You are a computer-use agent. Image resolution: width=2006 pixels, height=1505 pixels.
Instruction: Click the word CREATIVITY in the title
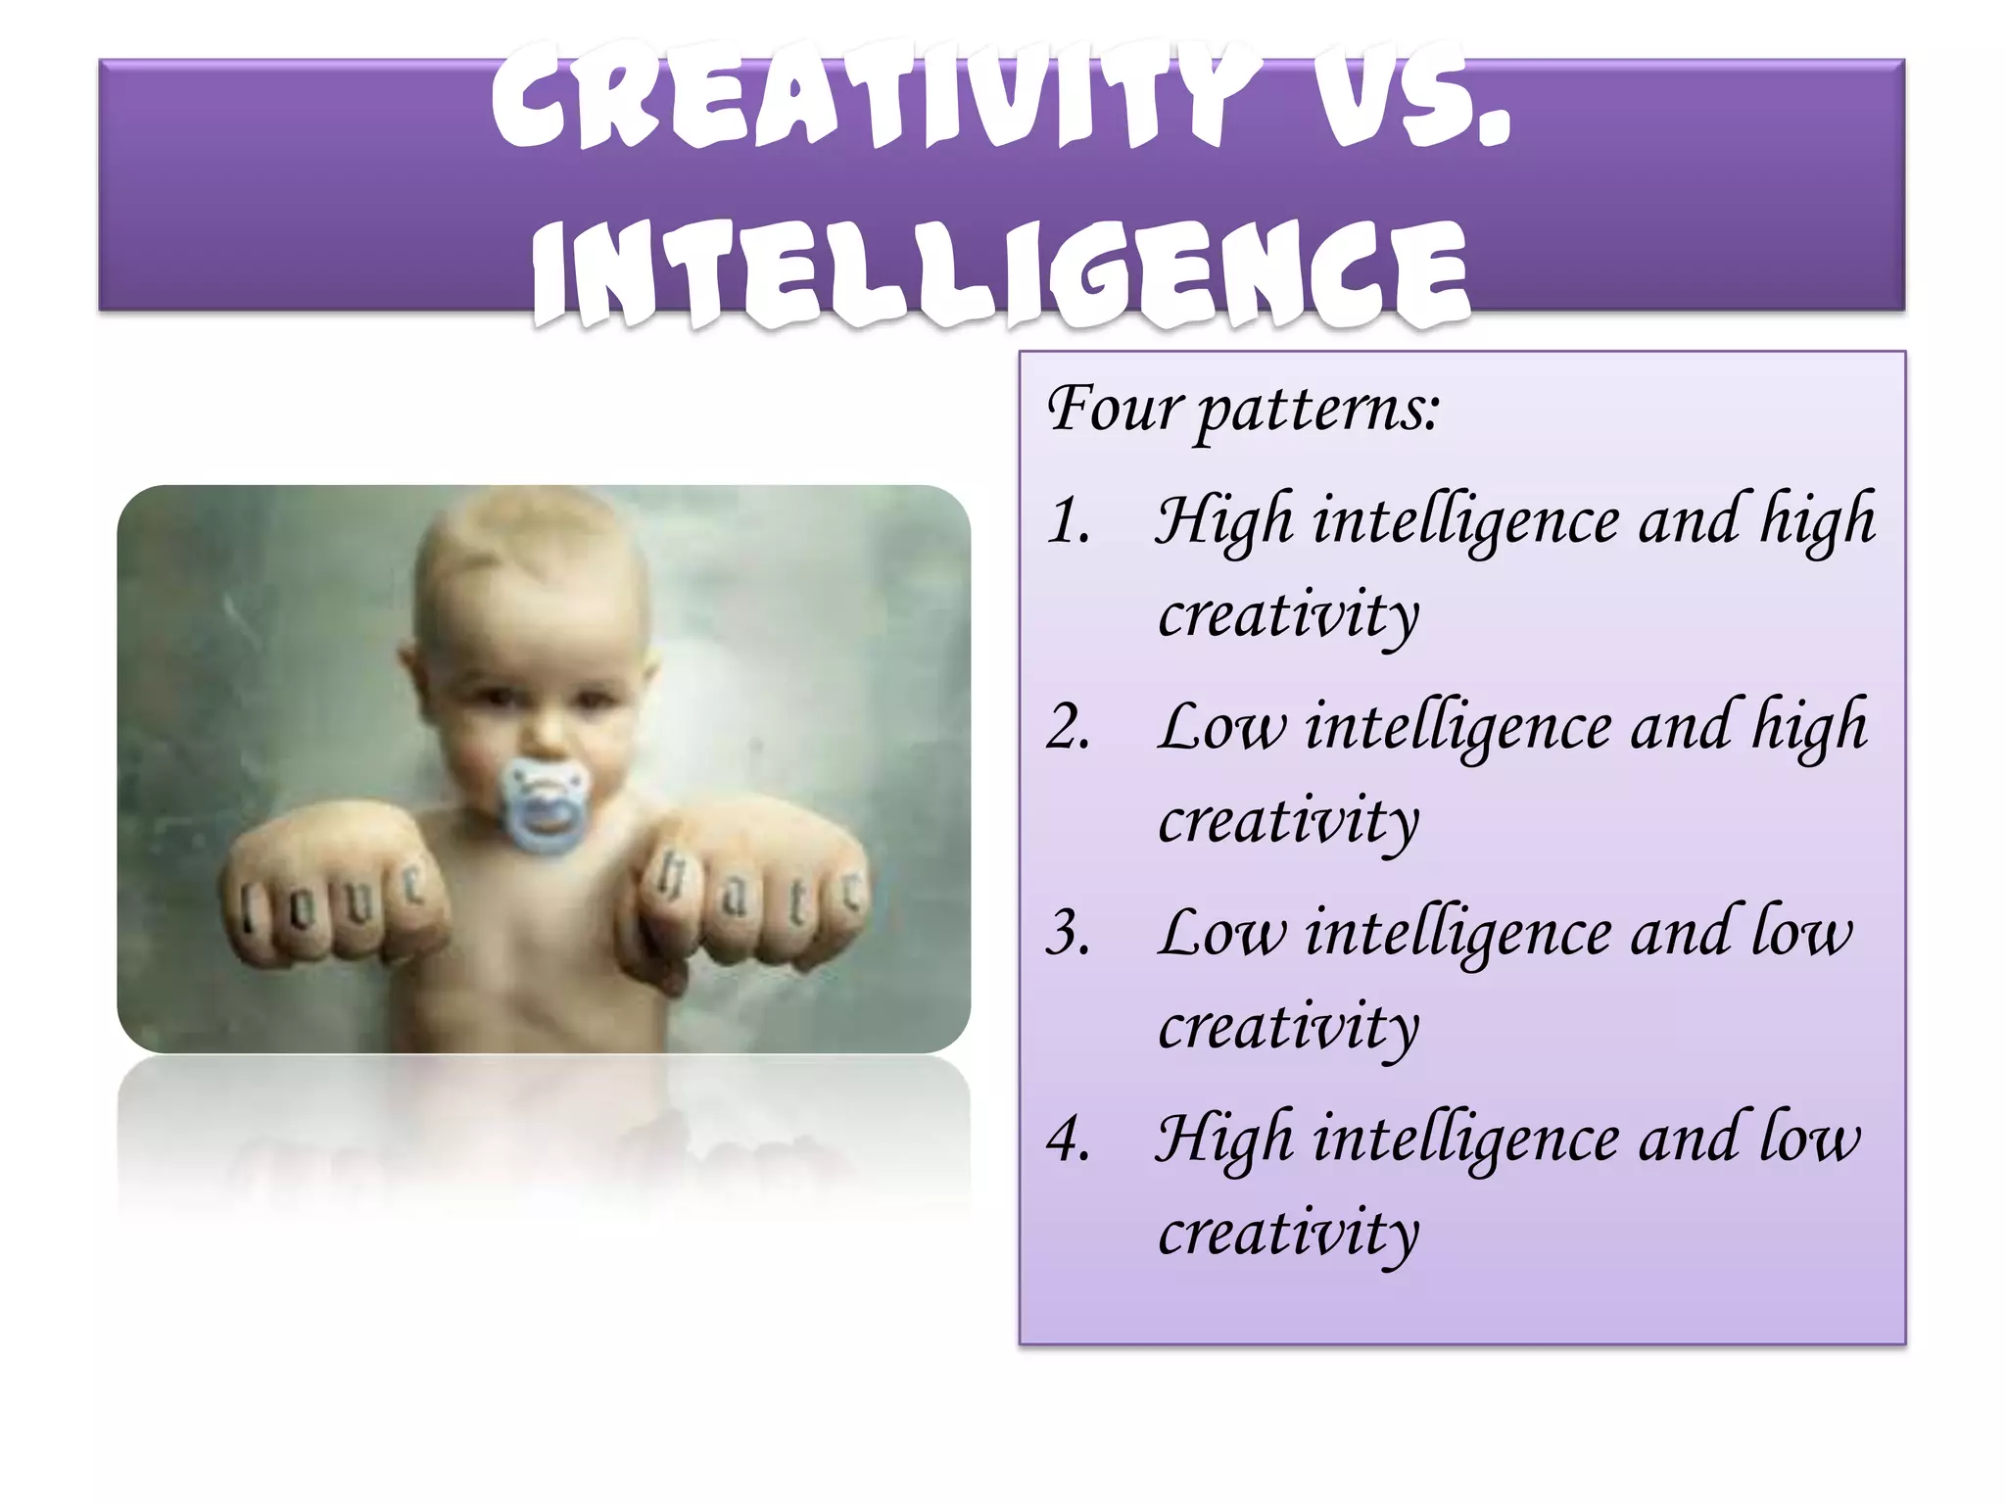coord(871,98)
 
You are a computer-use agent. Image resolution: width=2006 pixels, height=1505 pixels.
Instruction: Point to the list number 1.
coord(1069,521)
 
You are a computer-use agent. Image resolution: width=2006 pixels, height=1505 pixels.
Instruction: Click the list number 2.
coord(1069,728)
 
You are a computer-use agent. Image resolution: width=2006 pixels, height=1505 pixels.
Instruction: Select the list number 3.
coord(1069,934)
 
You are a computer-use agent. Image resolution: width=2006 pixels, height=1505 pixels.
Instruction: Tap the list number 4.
coord(1069,1141)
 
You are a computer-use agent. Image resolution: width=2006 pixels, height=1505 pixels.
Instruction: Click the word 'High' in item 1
coord(1224,521)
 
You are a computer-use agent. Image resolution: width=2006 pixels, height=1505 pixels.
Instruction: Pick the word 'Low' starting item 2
coord(1220,728)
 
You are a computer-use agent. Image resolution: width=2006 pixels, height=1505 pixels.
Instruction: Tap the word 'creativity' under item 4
coord(1288,1233)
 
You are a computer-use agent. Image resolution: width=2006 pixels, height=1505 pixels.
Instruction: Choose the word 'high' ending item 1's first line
coord(1818,521)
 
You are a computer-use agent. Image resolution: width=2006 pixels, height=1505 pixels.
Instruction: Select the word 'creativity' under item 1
coord(1288,615)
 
